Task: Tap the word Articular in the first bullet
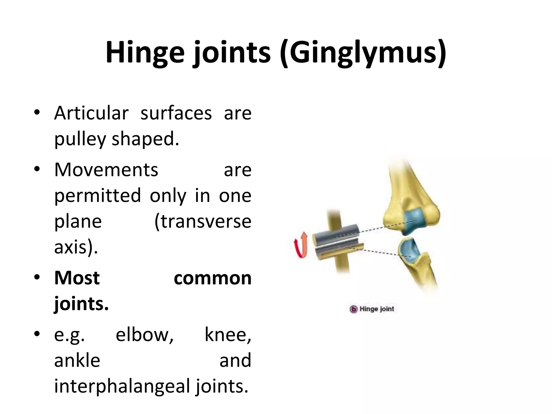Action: pyautogui.click(x=91, y=113)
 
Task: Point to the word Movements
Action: pyautogui.click(x=106, y=170)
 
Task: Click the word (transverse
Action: pyautogui.click(x=203, y=221)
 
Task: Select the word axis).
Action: pyautogui.click(x=76, y=247)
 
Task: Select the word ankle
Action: pyautogui.click(x=77, y=360)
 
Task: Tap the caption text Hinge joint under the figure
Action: pyautogui.click(x=377, y=309)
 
